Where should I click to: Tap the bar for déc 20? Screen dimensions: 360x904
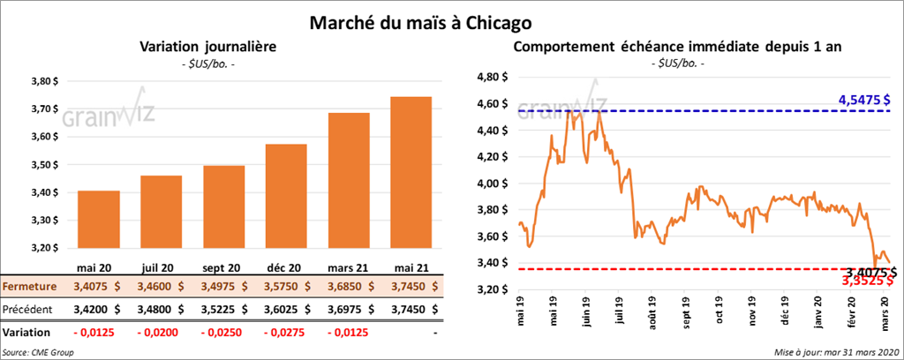pos(285,199)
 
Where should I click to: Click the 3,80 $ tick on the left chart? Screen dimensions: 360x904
pos(42,81)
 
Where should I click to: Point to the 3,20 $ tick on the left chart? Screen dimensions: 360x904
pos(42,248)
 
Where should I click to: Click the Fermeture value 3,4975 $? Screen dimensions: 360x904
pos(223,287)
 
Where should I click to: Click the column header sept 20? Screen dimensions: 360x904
pos(223,268)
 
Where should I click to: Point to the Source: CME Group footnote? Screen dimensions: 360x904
pos(37,352)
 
